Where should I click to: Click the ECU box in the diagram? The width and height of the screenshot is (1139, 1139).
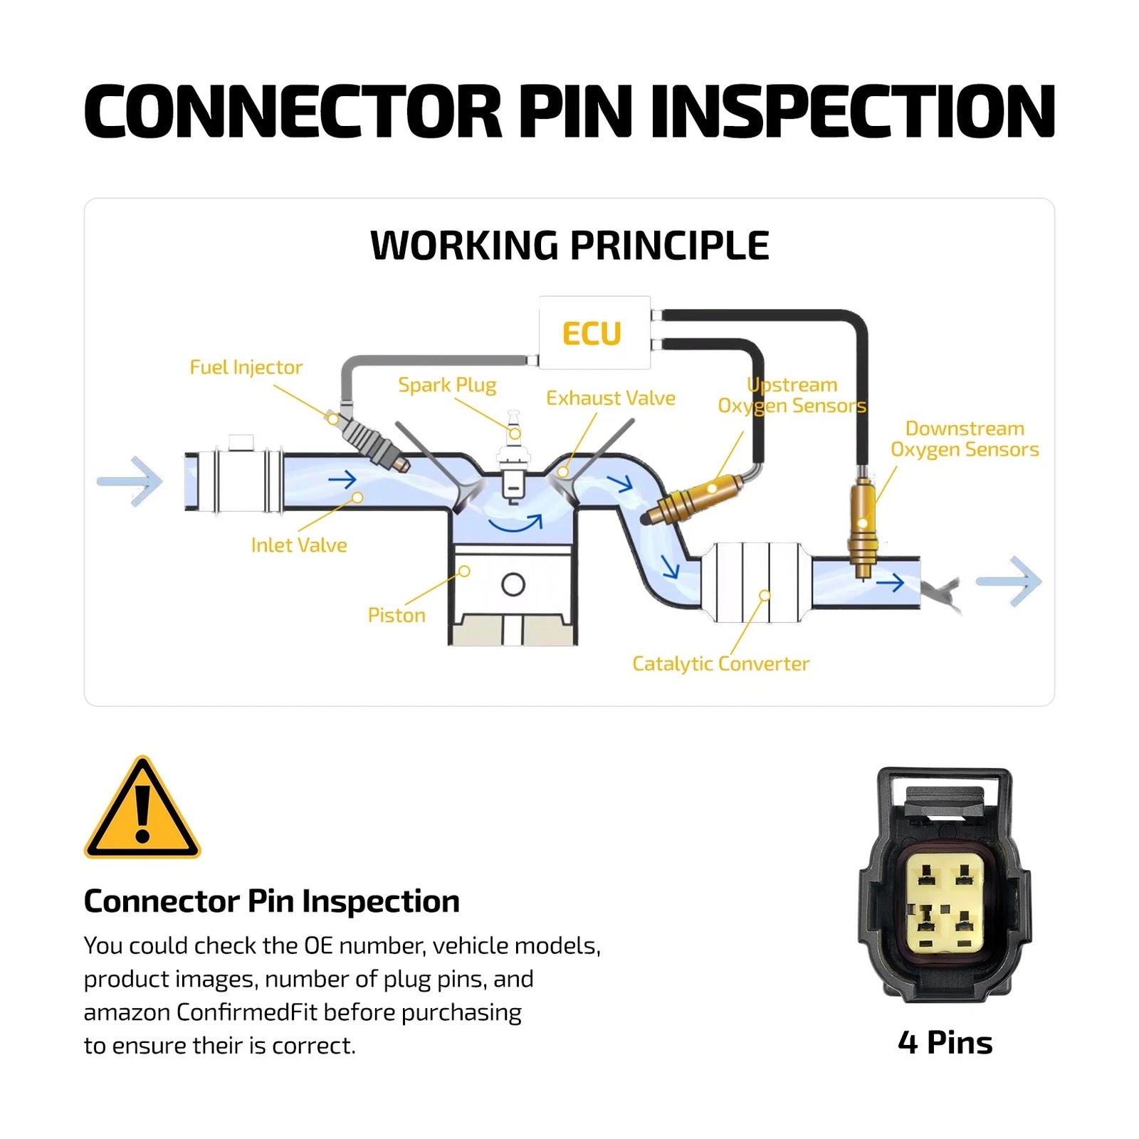(x=594, y=332)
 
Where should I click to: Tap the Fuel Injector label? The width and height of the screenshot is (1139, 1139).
(x=246, y=367)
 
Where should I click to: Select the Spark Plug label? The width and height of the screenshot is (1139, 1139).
(x=447, y=385)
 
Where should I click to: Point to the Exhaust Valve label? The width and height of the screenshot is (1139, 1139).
(x=611, y=398)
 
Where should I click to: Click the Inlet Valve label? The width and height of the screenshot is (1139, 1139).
(x=299, y=545)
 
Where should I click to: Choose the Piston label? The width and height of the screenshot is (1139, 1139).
(x=397, y=615)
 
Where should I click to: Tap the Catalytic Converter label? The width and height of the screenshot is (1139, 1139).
(x=720, y=664)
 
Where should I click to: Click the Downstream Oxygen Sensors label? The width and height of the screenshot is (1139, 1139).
(x=965, y=439)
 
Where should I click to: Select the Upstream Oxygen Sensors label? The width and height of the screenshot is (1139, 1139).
(x=792, y=395)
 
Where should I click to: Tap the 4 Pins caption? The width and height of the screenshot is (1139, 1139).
(x=945, y=1043)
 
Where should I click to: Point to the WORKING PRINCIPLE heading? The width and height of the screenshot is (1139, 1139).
(x=569, y=246)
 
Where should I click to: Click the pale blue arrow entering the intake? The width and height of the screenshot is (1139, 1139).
(x=130, y=482)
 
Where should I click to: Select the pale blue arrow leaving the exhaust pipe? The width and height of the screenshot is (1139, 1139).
(x=1009, y=582)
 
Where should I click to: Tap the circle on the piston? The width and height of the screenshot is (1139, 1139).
(x=513, y=585)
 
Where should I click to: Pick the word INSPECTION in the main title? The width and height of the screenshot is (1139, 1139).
(x=852, y=111)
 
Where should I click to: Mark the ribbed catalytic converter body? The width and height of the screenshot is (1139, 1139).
(x=757, y=581)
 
